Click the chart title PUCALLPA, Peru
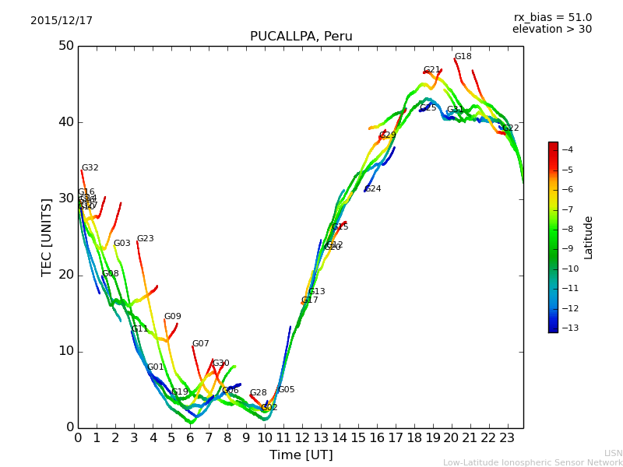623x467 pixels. (301, 37)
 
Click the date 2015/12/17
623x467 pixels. (62, 21)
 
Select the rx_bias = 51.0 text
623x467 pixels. (552, 18)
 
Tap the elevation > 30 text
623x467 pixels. (551, 30)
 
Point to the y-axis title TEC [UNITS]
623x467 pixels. (47, 237)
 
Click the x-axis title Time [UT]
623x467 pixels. (301, 455)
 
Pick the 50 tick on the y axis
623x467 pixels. (65, 46)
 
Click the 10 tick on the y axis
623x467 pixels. (65, 351)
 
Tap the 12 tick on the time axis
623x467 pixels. (301, 438)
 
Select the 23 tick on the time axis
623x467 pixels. (507, 438)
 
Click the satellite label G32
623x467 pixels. (90, 168)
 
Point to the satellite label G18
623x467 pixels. (463, 57)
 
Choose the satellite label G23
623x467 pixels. (145, 239)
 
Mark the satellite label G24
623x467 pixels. (373, 189)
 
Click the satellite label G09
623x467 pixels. (172, 317)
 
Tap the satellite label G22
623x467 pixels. (510, 128)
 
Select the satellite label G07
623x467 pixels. (200, 344)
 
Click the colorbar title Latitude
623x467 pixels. (589, 237)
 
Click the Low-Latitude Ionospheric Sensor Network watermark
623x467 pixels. (533, 462)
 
